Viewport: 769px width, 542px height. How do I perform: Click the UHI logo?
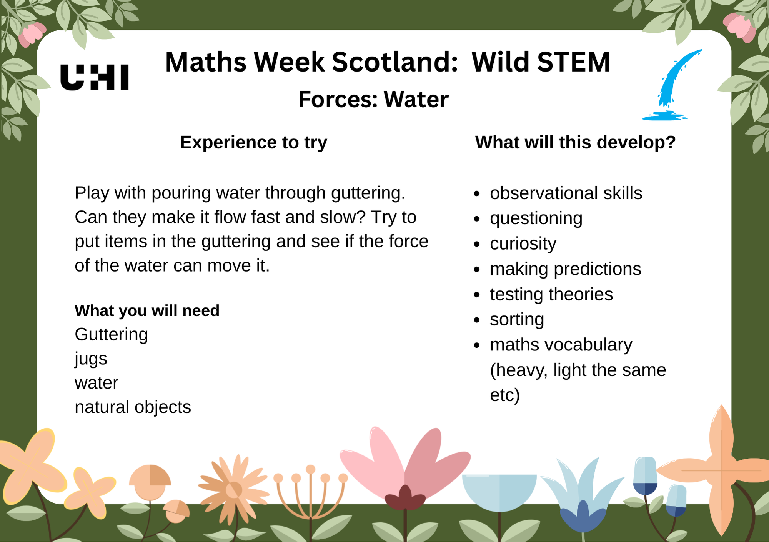pyautogui.click(x=95, y=77)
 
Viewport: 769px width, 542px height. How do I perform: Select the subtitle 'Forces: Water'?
pyautogui.click(x=373, y=99)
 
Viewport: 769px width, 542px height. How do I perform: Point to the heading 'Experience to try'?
pyautogui.click(x=253, y=142)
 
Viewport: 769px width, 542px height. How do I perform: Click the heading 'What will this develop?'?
pyautogui.click(x=575, y=142)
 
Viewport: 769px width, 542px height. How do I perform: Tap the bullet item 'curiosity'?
pyautogui.click(x=523, y=243)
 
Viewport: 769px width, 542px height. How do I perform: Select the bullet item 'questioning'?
pyautogui.click(x=536, y=218)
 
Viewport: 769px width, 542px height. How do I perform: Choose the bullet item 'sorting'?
pyautogui.click(x=517, y=319)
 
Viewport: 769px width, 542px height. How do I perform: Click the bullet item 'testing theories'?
pyautogui.click(x=551, y=294)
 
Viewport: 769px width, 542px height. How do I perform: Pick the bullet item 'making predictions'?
pyautogui.click(x=565, y=269)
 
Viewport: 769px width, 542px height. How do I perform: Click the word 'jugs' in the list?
pyautogui.click(x=91, y=359)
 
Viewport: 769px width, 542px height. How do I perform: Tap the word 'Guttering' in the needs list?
pyautogui.click(x=111, y=334)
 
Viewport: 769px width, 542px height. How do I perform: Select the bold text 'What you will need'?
pyautogui.click(x=147, y=310)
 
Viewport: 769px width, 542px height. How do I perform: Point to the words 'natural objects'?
pyautogui.click(x=133, y=407)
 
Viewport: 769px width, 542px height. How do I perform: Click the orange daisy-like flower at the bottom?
pyautogui.click(x=233, y=489)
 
